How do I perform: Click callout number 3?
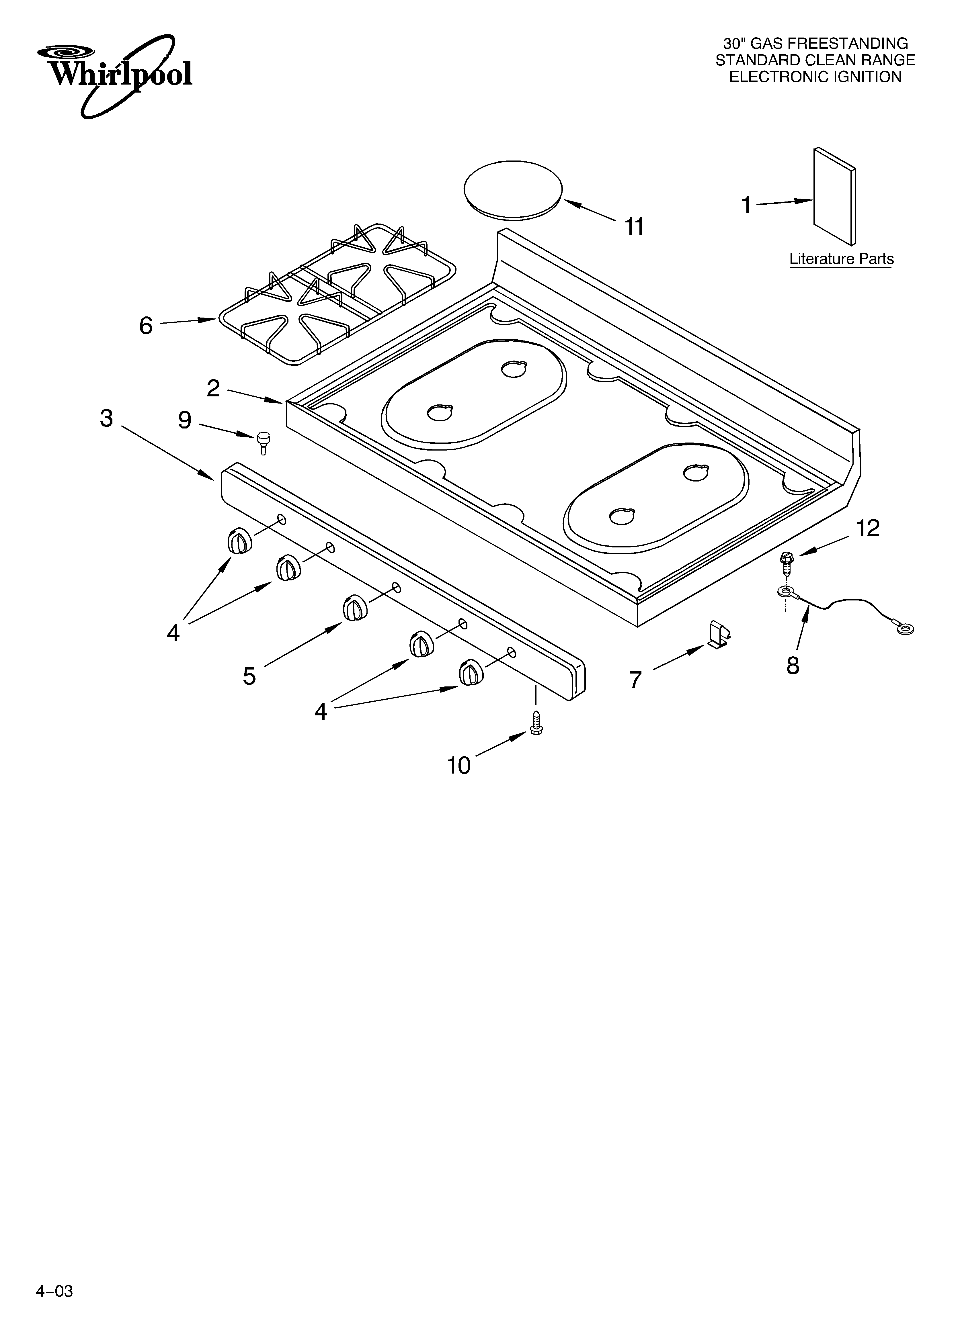106,418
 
